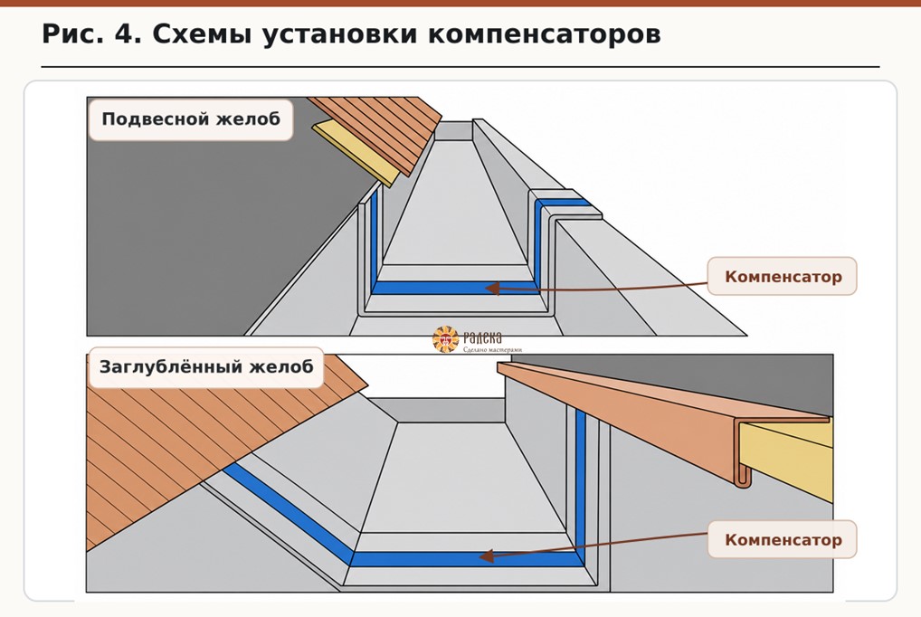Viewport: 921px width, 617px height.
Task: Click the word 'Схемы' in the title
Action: [x=203, y=34]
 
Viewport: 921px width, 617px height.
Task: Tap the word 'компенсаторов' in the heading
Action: [x=544, y=35]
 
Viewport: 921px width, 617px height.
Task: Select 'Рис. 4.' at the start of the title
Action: [x=91, y=34]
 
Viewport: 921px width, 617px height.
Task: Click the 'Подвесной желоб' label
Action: [x=191, y=119]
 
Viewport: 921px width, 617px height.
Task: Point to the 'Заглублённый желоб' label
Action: [x=206, y=367]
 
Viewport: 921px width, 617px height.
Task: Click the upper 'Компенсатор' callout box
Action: [x=783, y=276]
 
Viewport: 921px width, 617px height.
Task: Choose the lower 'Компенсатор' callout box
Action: [x=783, y=539]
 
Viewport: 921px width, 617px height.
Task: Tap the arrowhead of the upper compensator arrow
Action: [x=492, y=288]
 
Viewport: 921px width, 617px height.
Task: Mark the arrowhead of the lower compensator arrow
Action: [x=486, y=555]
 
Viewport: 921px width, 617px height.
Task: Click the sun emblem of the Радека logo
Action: [x=445, y=339]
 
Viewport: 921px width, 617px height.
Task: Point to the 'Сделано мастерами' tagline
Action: [x=492, y=349]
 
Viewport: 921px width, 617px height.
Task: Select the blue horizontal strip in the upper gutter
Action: [x=455, y=288]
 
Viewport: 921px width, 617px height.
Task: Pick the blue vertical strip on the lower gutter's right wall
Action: [x=580, y=482]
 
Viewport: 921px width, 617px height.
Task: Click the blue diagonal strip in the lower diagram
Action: [x=288, y=508]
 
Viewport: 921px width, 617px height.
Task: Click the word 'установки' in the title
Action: [x=340, y=35]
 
